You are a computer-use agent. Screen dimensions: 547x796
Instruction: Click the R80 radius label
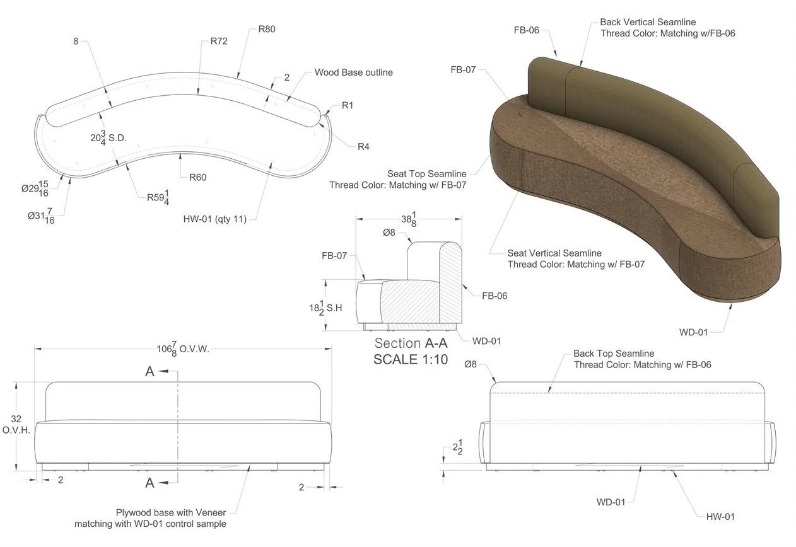[x=267, y=29]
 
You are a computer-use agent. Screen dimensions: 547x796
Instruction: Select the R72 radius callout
[x=218, y=42]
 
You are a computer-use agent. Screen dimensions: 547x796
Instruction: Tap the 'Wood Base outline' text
[x=353, y=72]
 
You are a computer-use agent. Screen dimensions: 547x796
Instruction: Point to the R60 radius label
[x=197, y=177]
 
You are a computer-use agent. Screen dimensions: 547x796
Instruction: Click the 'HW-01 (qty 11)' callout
[x=215, y=219]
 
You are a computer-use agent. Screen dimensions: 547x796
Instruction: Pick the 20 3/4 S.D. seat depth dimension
[x=108, y=138]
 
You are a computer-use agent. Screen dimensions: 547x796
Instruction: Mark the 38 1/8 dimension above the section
[x=408, y=218]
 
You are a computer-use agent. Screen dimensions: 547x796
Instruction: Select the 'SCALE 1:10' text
[x=411, y=360]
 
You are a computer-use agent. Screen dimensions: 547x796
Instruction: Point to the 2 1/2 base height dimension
[x=459, y=448]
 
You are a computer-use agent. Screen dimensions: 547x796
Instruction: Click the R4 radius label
[x=363, y=147]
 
